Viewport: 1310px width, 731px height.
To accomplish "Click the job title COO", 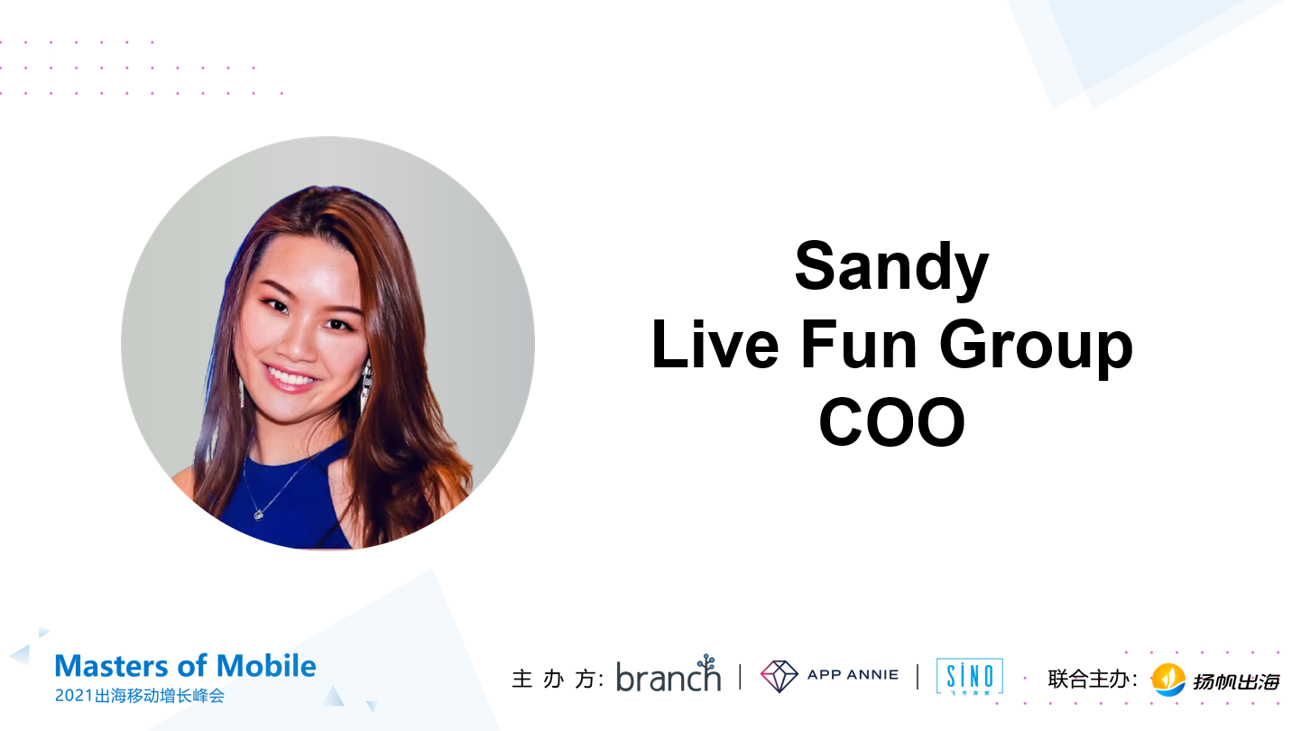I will (x=891, y=423).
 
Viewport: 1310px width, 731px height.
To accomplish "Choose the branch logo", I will (x=669, y=674).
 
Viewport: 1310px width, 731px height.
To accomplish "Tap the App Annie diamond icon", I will (x=779, y=675).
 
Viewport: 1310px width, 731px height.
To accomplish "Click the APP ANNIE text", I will (x=853, y=674).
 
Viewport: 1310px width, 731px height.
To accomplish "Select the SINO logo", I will (x=970, y=676).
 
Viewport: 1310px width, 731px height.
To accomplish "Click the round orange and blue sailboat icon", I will (x=1169, y=680).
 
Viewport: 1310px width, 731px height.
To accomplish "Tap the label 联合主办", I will (x=1087, y=679).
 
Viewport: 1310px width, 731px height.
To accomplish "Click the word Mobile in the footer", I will (x=269, y=666).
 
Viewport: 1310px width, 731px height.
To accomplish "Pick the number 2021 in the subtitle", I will (x=73, y=696).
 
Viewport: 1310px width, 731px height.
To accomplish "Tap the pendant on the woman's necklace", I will (x=259, y=514).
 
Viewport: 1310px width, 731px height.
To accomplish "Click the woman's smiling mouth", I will (x=290, y=375).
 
